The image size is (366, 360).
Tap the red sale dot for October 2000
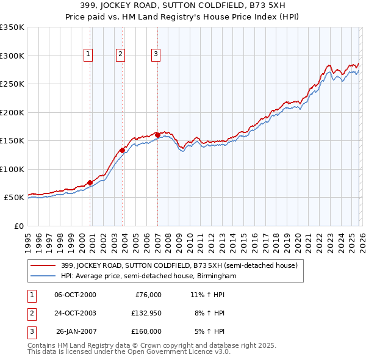pyautogui.click(x=90, y=182)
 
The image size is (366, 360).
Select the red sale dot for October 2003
pyautogui.click(x=123, y=150)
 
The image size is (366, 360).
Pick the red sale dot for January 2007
pyautogui.click(x=157, y=135)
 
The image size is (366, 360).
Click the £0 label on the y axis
pyautogui.click(x=18, y=226)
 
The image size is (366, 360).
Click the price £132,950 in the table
pyautogui.click(x=145, y=313)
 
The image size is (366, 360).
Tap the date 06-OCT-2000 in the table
pyautogui.click(x=75, y=295)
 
